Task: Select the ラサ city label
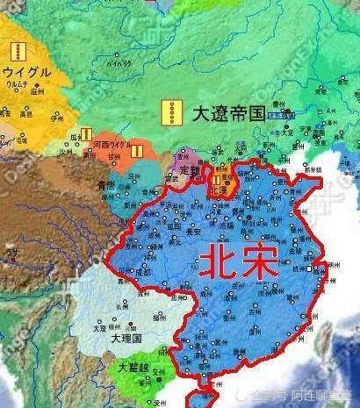click(12, 254)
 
